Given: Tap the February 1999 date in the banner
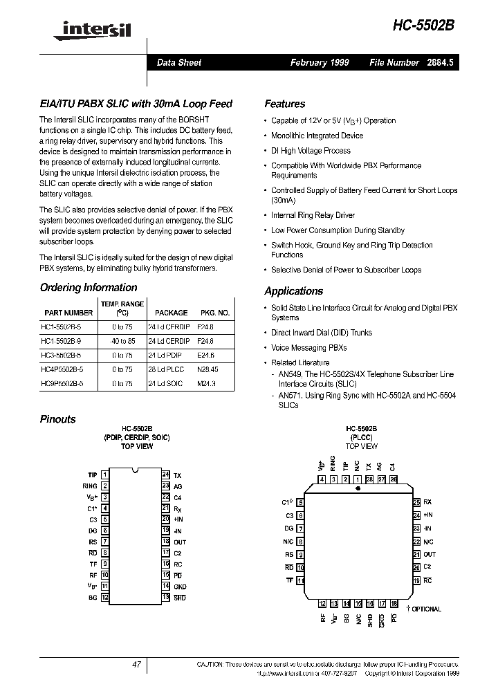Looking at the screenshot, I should (319, 62).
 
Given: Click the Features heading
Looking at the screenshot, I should (284, 104).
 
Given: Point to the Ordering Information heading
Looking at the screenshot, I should (88, 288).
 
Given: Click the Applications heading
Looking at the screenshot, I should (293, 291).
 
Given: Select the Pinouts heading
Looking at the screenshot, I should (58, 419).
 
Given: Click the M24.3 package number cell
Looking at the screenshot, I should (207, 383).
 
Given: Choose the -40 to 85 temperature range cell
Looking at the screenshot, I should (122, 341).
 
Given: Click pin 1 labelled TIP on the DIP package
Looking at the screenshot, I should (104, 475).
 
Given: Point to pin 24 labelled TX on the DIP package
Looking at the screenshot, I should (166, 475).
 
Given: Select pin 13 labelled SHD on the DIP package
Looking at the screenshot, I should (166, 597).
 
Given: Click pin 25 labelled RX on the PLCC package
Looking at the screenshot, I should (417, 502).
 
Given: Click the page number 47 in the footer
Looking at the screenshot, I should (136, 664).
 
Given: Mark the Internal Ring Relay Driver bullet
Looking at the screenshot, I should (313, 215).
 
